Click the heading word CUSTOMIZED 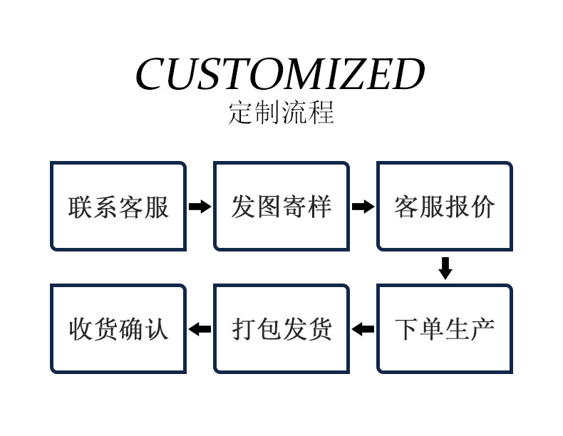(x=280, y=74)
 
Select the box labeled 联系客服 (x=118, y=207)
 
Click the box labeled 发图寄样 (x=281, y=207)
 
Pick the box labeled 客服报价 (x=445, y=207)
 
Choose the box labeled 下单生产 (x=445, y=329)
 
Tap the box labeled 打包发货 (x=281, y=329)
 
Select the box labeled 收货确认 (x=118, y=329)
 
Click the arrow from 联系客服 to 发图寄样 (x=200, y=207)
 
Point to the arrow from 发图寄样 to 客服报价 (x=363, y=207)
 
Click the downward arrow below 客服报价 (x=445, y=268)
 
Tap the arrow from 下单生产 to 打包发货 (x=363, y=329)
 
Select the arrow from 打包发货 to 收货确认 (x=200, y=329)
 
